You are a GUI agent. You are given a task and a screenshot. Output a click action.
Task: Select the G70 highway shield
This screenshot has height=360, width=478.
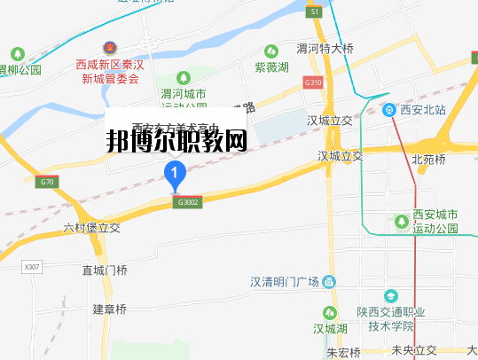point(47,183)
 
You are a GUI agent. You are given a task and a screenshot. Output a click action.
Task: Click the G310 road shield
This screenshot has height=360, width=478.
point(310,82)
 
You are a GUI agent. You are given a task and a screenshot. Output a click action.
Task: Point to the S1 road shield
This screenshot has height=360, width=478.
point(314,12)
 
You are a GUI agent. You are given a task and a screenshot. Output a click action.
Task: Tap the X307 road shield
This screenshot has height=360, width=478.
point(32,266)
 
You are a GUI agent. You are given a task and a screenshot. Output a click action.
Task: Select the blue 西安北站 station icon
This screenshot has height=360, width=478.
point(389,110)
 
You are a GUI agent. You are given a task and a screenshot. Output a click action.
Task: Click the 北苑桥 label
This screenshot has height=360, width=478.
point(430,160)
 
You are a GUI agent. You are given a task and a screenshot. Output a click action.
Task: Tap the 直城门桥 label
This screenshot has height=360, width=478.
point(105,270)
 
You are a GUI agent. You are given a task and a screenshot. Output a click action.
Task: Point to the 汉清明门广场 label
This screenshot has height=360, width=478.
point(284,282)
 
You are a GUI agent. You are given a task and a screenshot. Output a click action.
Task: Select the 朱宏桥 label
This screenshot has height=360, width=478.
point(343,352)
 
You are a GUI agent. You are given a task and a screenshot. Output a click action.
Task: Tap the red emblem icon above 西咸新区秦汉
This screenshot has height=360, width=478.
point(108,46)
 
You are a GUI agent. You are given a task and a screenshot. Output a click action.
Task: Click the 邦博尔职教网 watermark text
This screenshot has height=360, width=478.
point(176,139)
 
